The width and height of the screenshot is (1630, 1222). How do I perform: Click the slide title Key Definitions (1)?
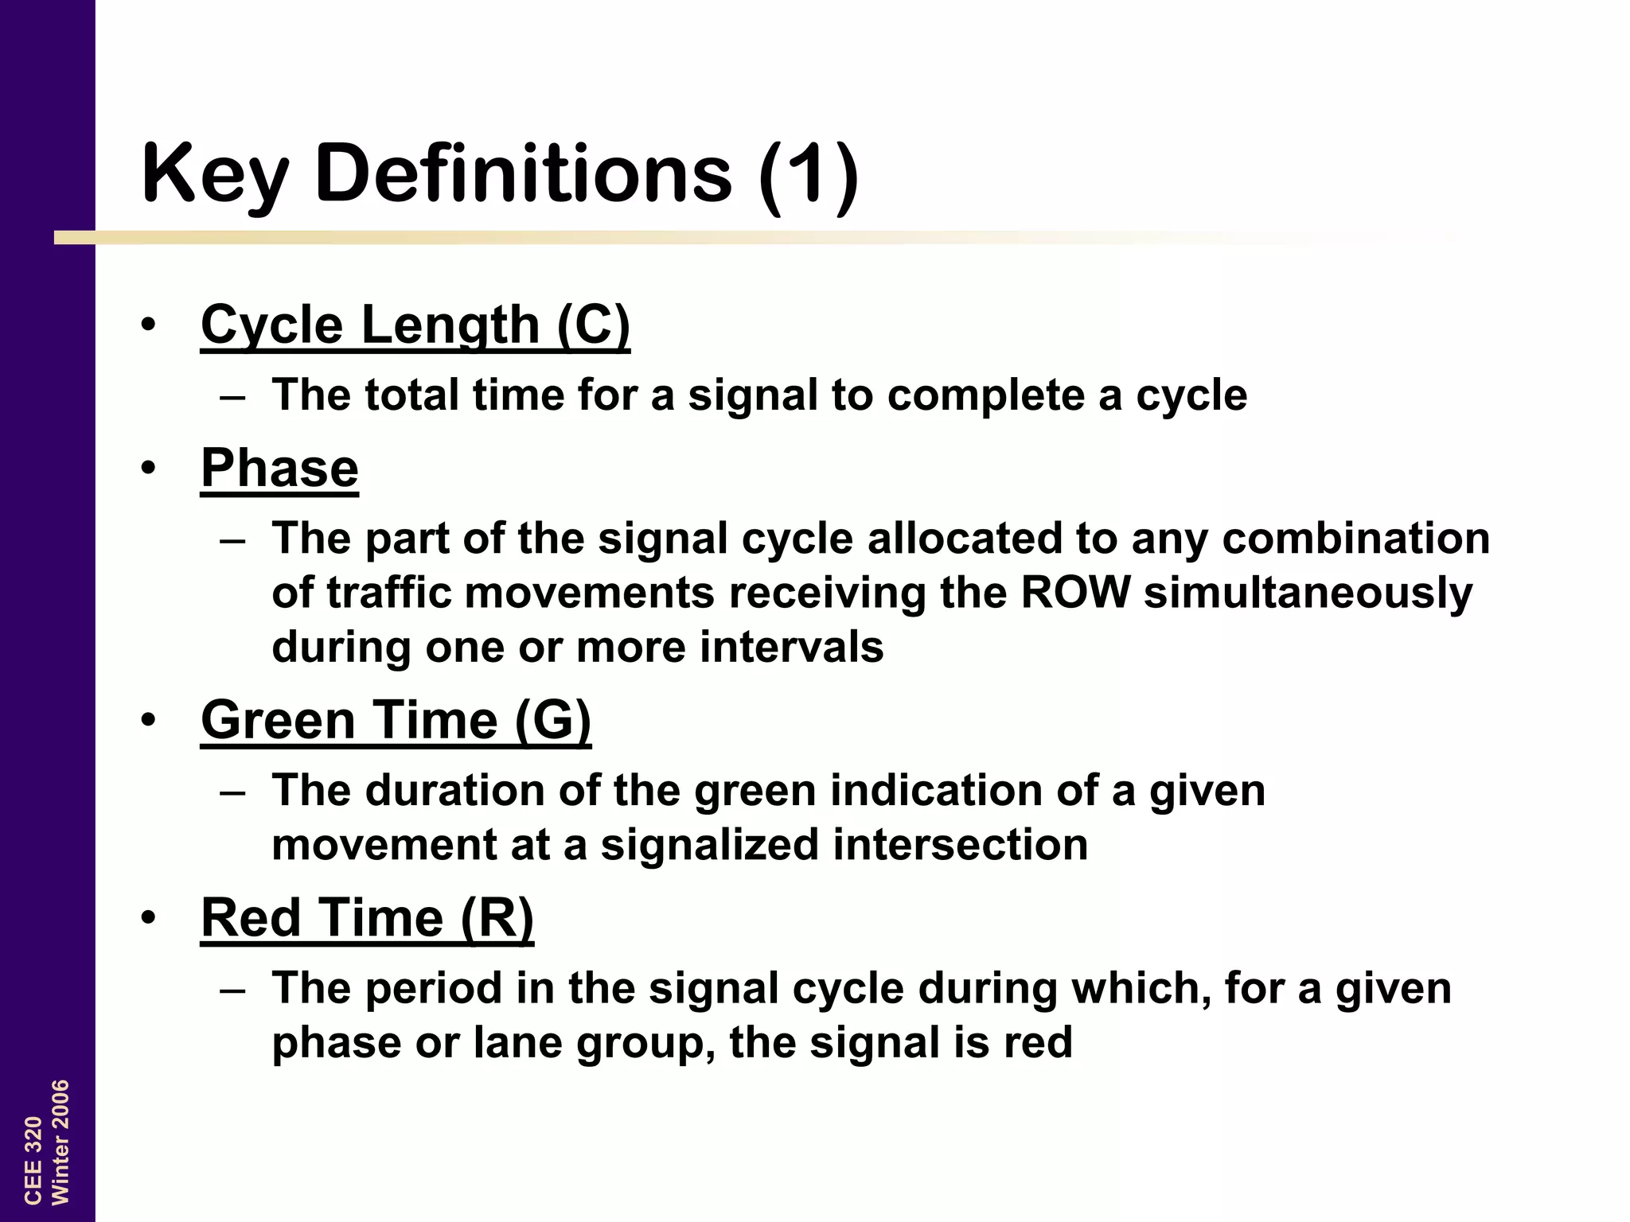pos(500,173)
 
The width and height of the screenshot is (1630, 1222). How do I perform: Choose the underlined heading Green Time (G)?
pos(396,720)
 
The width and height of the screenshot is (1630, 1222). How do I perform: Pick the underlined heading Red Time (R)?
pos(367,917)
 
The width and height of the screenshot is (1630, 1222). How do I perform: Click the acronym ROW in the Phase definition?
pos(1075,593)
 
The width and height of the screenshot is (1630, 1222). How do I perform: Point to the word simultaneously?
pos(1308,594)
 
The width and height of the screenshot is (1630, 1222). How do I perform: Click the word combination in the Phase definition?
pos(1355,539)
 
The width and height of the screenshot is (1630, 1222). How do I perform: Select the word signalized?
pos(710,844)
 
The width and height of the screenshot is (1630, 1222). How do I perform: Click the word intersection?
pos(961,844)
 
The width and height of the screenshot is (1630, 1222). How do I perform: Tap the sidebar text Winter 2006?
pos(60,1142)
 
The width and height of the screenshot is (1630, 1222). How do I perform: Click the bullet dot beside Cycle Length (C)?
pos(148,325)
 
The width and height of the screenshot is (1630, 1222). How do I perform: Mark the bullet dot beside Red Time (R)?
pos(148,918)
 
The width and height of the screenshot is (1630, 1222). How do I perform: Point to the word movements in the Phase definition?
pos(589,593)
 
